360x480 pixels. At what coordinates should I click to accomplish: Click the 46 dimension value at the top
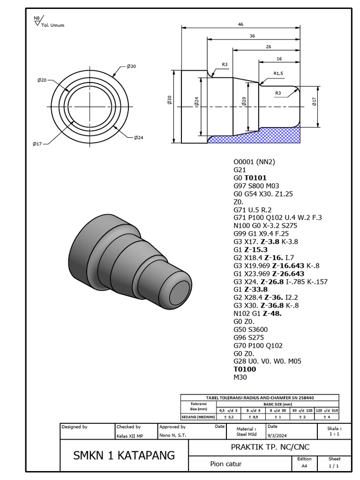tap(240, 24)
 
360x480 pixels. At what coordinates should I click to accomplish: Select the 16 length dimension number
tap(279, 59)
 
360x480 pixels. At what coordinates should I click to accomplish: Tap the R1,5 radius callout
tap(278, 74)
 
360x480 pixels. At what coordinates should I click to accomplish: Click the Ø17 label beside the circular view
tap(38, 144)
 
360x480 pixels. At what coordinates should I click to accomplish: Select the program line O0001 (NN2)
tap(254, 162)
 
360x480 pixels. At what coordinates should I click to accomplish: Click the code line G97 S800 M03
tap(256, 186)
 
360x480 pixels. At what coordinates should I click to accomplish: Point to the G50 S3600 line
tap(251, 330)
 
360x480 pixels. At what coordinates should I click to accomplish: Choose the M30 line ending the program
tap(240, 377)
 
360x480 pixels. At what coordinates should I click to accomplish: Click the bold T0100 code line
tap(245, 369)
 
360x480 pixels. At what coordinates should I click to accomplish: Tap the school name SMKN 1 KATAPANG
tap(124, 455)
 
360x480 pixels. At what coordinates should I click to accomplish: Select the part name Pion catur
tap(226, 464)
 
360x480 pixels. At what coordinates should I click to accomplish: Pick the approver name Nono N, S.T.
tap(172, 436)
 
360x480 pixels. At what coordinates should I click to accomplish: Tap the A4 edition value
tap(304, 466)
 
